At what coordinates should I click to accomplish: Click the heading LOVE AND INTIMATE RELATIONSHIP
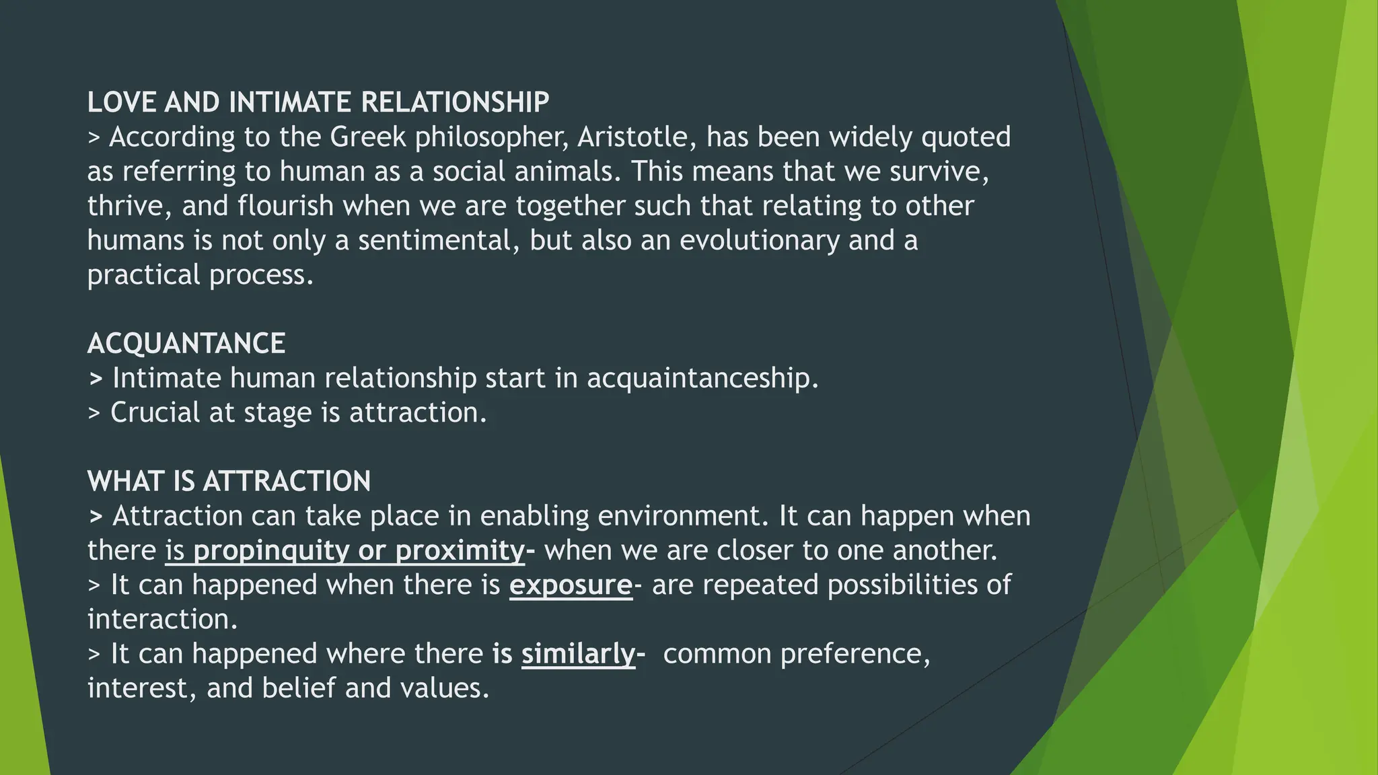pyautogui.click(x=318, y=103)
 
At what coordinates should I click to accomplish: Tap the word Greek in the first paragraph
pyautogui.click(x=368, y=137)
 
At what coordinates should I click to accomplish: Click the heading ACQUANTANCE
pyautogui.click(x=186, y=344)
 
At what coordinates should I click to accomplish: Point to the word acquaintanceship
pyautogui.click(x=702, y=378)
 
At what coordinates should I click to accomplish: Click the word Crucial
pyautogui.click(x=155, y=412)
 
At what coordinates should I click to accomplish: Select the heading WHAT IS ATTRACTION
pyautogui.click(x=229, y=482)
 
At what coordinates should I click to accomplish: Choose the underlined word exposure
pyautogui.click(x=571, y=585)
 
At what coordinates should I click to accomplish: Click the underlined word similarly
pyautogui.click(x=578, y=654)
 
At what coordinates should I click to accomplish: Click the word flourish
pyautogui.click(x=285, y=206)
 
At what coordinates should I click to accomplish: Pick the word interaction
pyautogui.click(x=162, y=620)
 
